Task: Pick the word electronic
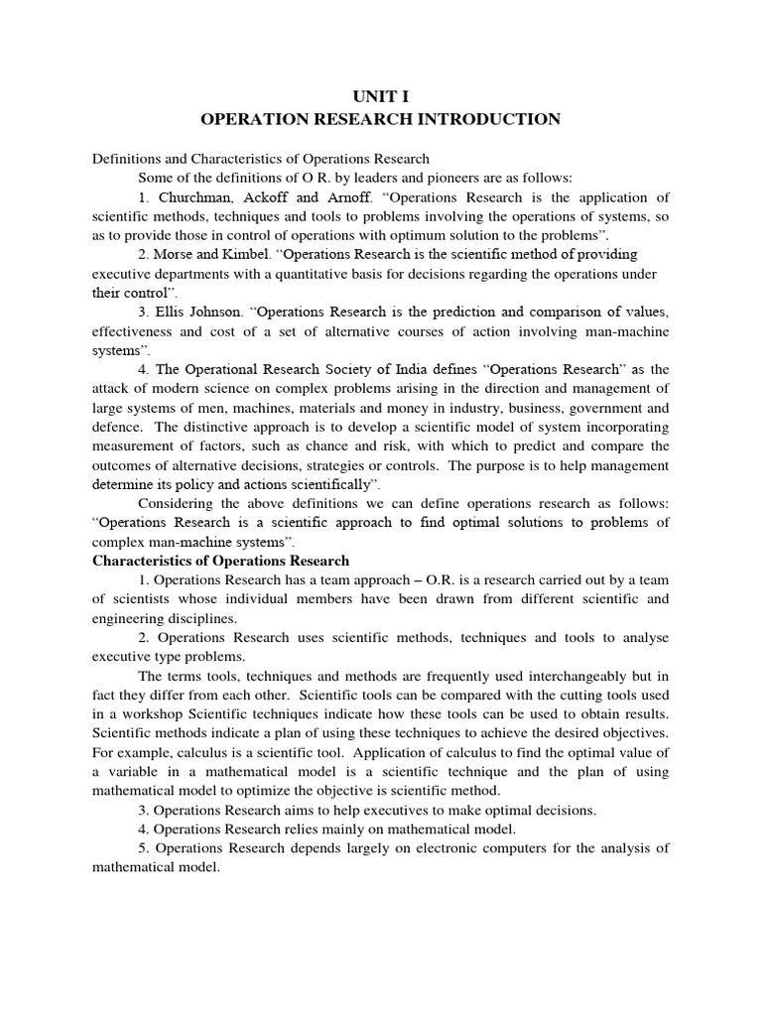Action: tap(444, 847)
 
